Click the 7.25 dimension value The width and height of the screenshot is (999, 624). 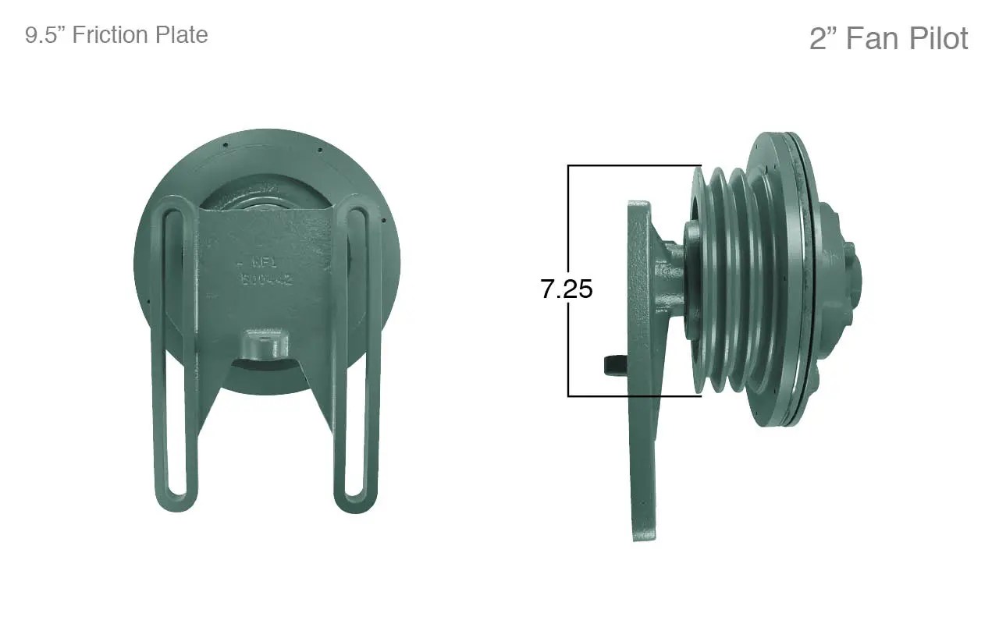click(x=567, y=289)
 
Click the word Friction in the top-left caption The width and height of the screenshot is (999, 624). click(x=117, y=35)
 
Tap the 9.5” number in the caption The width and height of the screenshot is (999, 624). click(x=43, y=35)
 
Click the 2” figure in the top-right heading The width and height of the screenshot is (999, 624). click(x=823, y=38)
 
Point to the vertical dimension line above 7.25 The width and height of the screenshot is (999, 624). click(x=569, y=218)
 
